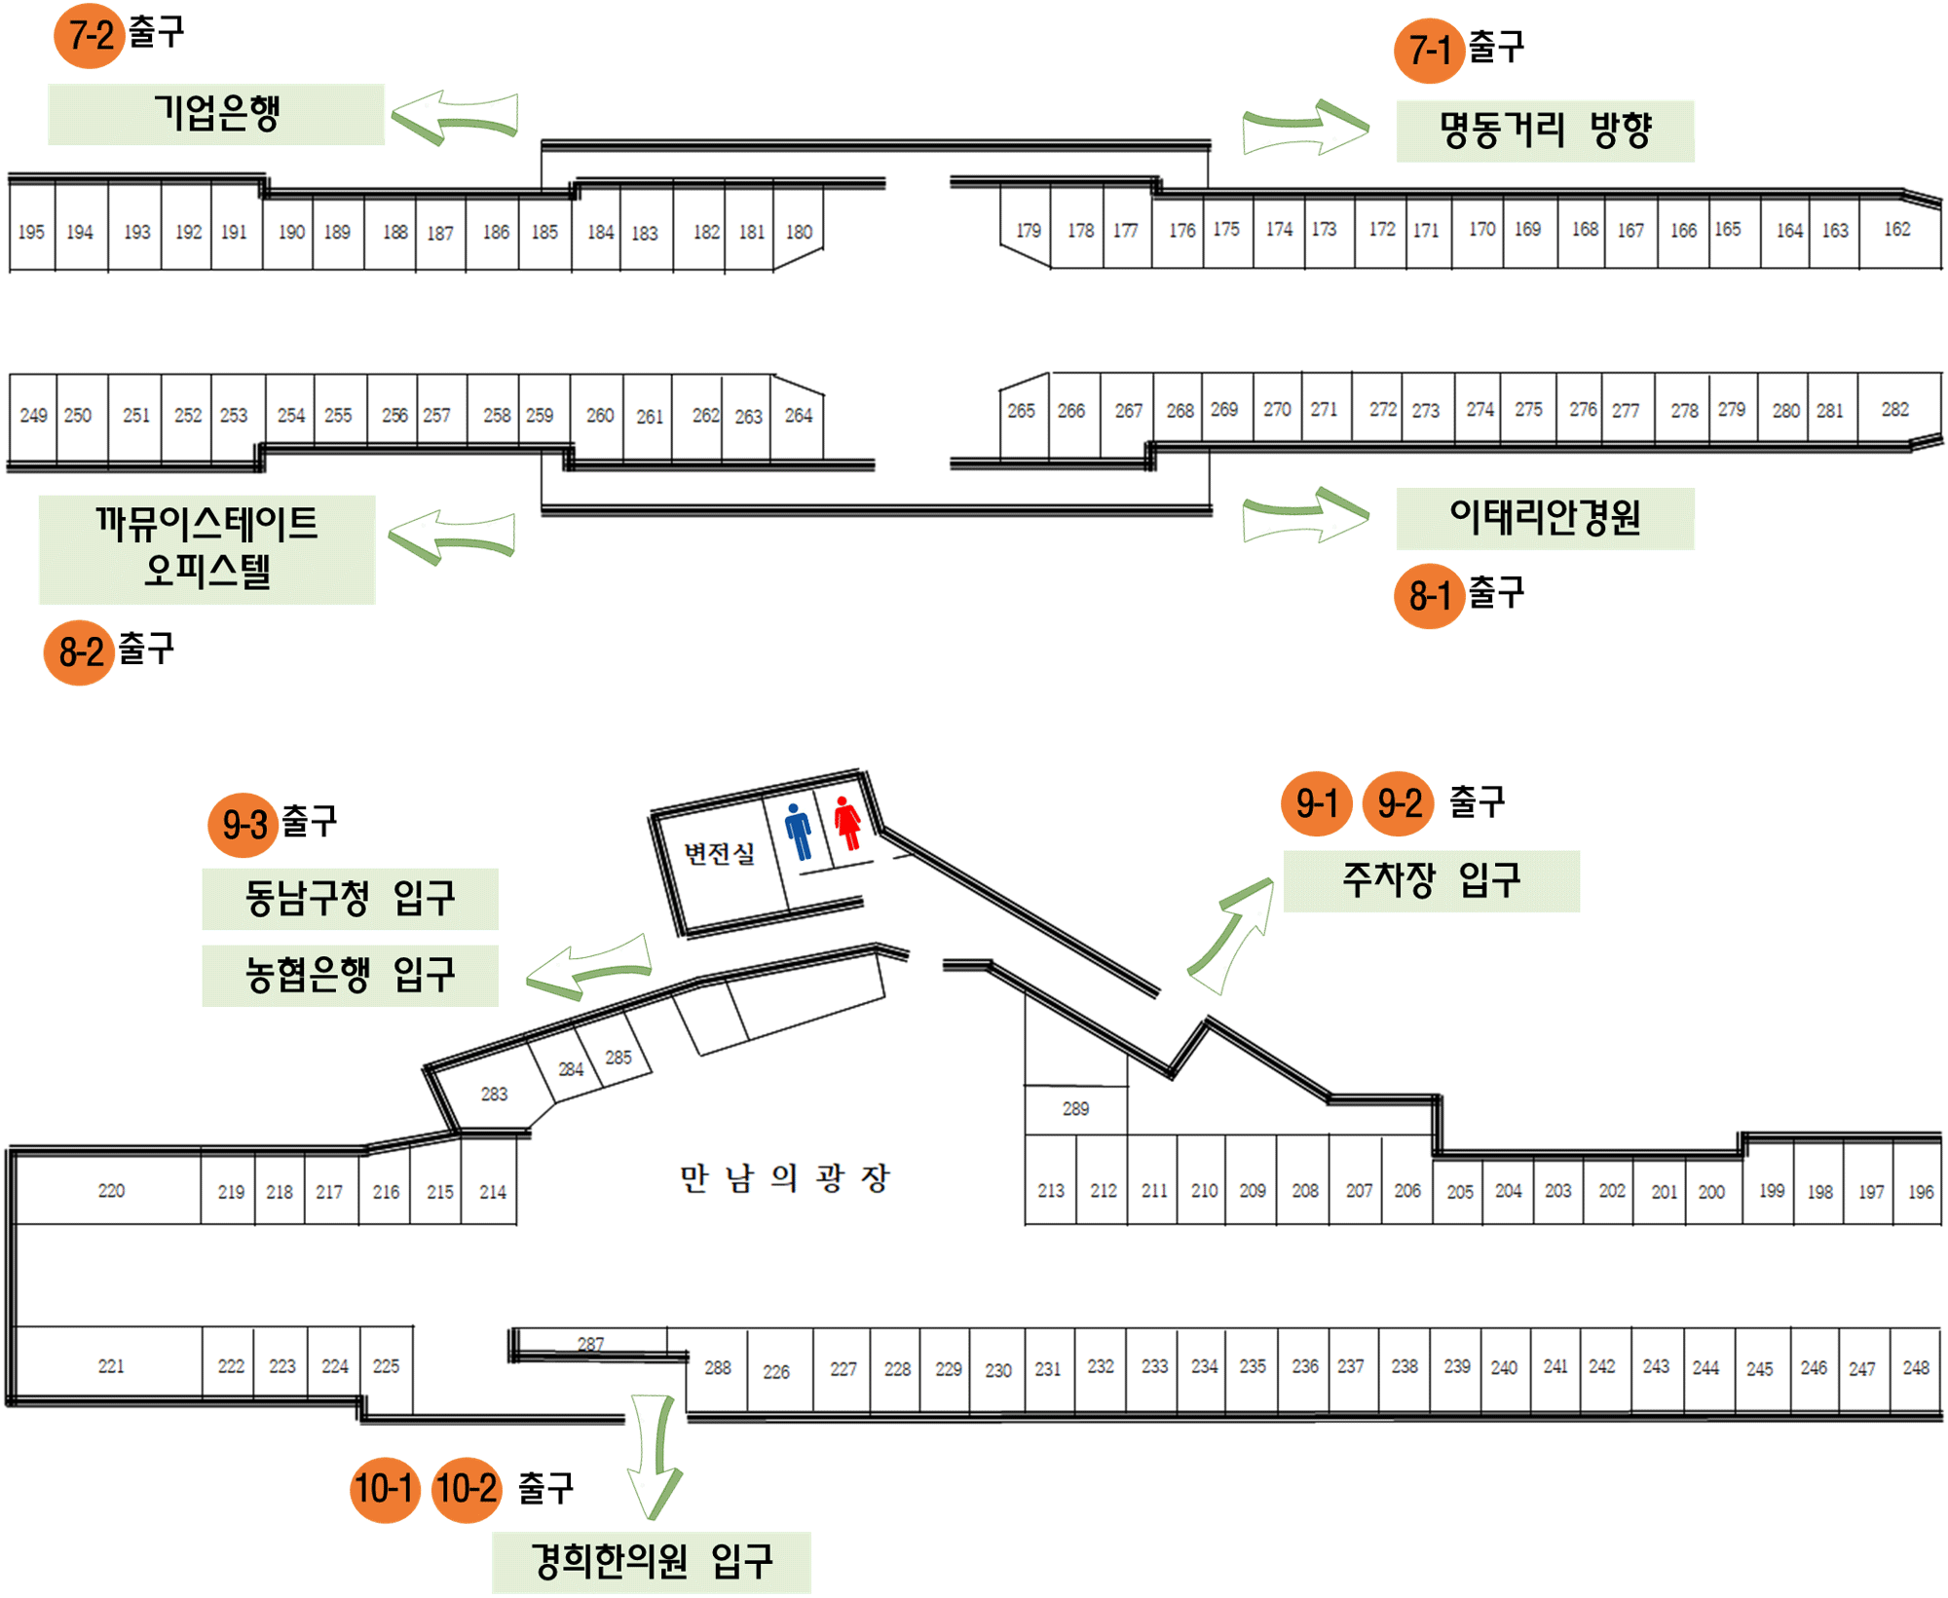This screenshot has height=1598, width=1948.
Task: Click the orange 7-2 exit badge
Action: [90, 36]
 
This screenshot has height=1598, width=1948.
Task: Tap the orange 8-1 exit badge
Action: [1430, 596]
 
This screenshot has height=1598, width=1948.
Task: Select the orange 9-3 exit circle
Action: [243, 825]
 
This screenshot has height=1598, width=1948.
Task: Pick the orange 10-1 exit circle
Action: [386, 1489]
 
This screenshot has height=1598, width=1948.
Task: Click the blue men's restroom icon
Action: [799, 831]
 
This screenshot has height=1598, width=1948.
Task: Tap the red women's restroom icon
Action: [847, 823]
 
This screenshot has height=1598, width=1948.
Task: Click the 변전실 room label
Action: [719, 854]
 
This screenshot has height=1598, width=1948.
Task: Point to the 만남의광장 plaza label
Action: [784, 1178]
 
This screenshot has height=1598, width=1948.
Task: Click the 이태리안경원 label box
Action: [1545, 518]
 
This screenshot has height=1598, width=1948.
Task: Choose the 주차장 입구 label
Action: [1431, 880]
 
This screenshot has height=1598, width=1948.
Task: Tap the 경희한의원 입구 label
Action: [651, 1562]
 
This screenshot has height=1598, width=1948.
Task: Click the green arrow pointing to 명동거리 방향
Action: [1305, 127]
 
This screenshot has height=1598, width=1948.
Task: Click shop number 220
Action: [111, 1190]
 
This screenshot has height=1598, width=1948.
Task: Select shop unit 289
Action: [1075, 1109]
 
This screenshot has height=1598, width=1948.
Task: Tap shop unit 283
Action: [494, 1094]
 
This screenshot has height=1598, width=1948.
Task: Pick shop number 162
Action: [1896, 230]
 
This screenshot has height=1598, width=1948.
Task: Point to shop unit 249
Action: [33, 416]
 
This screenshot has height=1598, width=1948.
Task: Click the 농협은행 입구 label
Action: [350, 975]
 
